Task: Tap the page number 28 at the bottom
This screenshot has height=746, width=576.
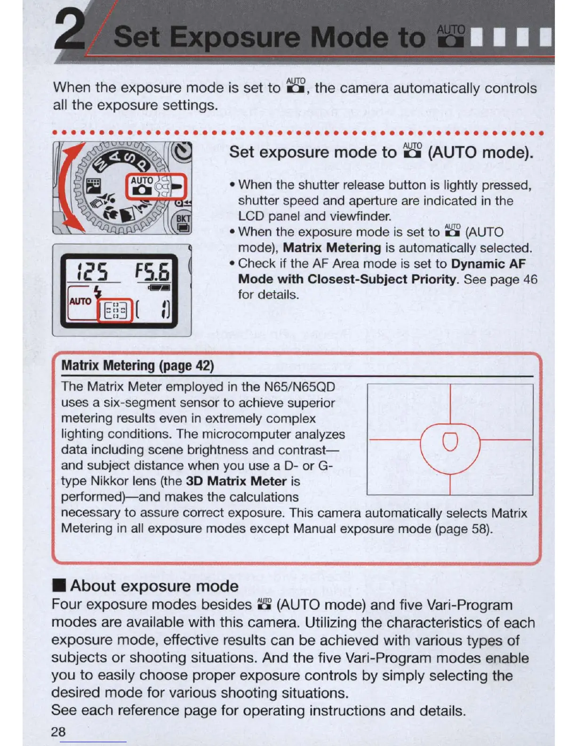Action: [x=58, y=731]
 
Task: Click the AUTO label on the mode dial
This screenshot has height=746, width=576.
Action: [x=141, y=181]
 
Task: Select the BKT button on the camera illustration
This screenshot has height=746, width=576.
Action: [x=183, y=219]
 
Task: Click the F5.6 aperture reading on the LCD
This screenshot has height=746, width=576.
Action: [x=152, y=272]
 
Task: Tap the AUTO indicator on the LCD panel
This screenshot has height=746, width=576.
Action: [x=80, y=301]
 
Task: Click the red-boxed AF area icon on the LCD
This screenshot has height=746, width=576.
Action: [x=115, y=311]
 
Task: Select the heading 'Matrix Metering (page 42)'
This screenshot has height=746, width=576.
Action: [x=137, y=366]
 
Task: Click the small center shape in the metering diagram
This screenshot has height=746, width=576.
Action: [x=450, y=441]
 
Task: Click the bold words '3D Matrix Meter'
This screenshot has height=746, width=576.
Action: [x=236, y=481]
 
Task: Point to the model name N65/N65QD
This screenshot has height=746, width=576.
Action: [x=299, y=387]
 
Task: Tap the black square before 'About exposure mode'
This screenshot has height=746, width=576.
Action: [x=58, y=586]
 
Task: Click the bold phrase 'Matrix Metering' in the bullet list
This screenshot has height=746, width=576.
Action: [x=331, y=248]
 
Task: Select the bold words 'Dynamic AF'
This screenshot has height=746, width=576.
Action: [x=488, y=264]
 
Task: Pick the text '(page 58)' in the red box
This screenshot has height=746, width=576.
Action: [x=464, y=529]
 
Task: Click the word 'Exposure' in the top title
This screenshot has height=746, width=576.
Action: [x=235, y=37]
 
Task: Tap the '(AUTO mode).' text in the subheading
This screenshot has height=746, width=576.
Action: [x=480, y=153]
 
